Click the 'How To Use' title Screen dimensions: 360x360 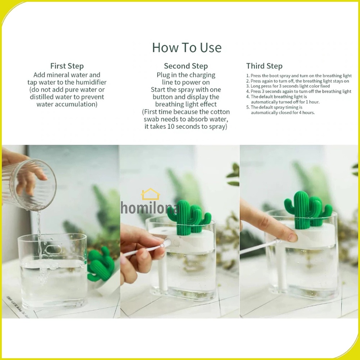pyautogui.click(x=186, y=48)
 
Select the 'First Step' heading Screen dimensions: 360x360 pyautogui.click(x=67, y=66)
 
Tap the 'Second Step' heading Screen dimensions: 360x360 pyautogui.click(x=186, y=66)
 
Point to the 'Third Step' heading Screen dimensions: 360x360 pyautogui.click(x=264, y=66)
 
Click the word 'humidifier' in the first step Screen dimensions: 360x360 pyautogui.click(x=91, y=82)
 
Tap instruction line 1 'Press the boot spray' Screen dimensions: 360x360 pyautogui.click(x=299, y=76)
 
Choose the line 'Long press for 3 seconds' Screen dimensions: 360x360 pyautogui.click(x=288, y=86)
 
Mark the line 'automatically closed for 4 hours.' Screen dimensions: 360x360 pyautogui.click(x=283, y=112)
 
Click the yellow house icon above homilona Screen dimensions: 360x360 pyautogui.click(x=150, y=194)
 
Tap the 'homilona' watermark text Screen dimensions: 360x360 pyautogui.click(x=150, y=208)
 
